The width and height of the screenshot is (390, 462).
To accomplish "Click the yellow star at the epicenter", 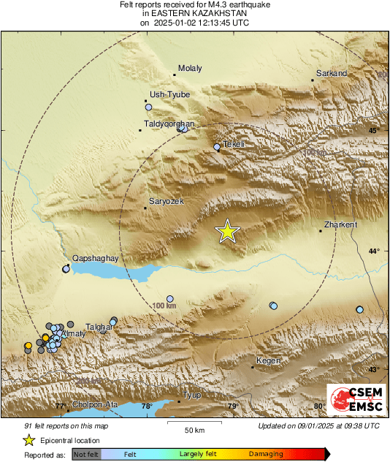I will (228, 231).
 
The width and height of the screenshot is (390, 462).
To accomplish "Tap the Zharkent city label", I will (340, 225).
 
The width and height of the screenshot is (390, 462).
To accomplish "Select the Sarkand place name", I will (331, 74).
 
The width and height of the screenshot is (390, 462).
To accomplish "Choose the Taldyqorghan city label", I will (169, 124).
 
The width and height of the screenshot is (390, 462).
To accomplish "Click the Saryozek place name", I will (167, 201).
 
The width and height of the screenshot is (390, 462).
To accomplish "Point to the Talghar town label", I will (99, 327).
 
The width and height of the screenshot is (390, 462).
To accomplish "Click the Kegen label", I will (268, 361).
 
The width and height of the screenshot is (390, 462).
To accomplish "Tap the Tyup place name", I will (191, 395).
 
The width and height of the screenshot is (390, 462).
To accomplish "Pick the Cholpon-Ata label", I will (93, 405).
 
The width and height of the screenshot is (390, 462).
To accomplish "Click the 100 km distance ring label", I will (164, 305).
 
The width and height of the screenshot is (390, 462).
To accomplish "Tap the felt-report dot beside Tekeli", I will (217, 147).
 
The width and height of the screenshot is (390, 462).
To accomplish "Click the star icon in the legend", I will (28, 440).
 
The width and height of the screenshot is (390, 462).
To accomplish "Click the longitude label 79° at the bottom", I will (232, 406).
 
